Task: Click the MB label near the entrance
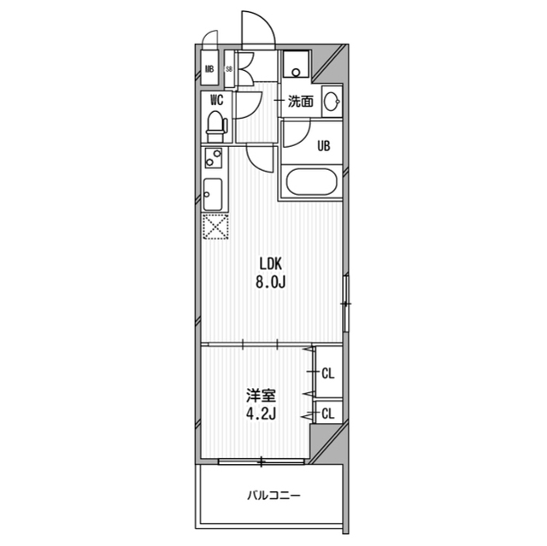pos(209,69)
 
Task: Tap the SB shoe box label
pos(228,69)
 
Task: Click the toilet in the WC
pos(216,125)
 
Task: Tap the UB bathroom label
pos(323,145)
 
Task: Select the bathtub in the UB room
pos(312,184)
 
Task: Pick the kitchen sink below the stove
pos(213,196)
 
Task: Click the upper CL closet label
pos(327,373)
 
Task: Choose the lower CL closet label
pos(327,414)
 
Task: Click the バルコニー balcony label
pos(274,496)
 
